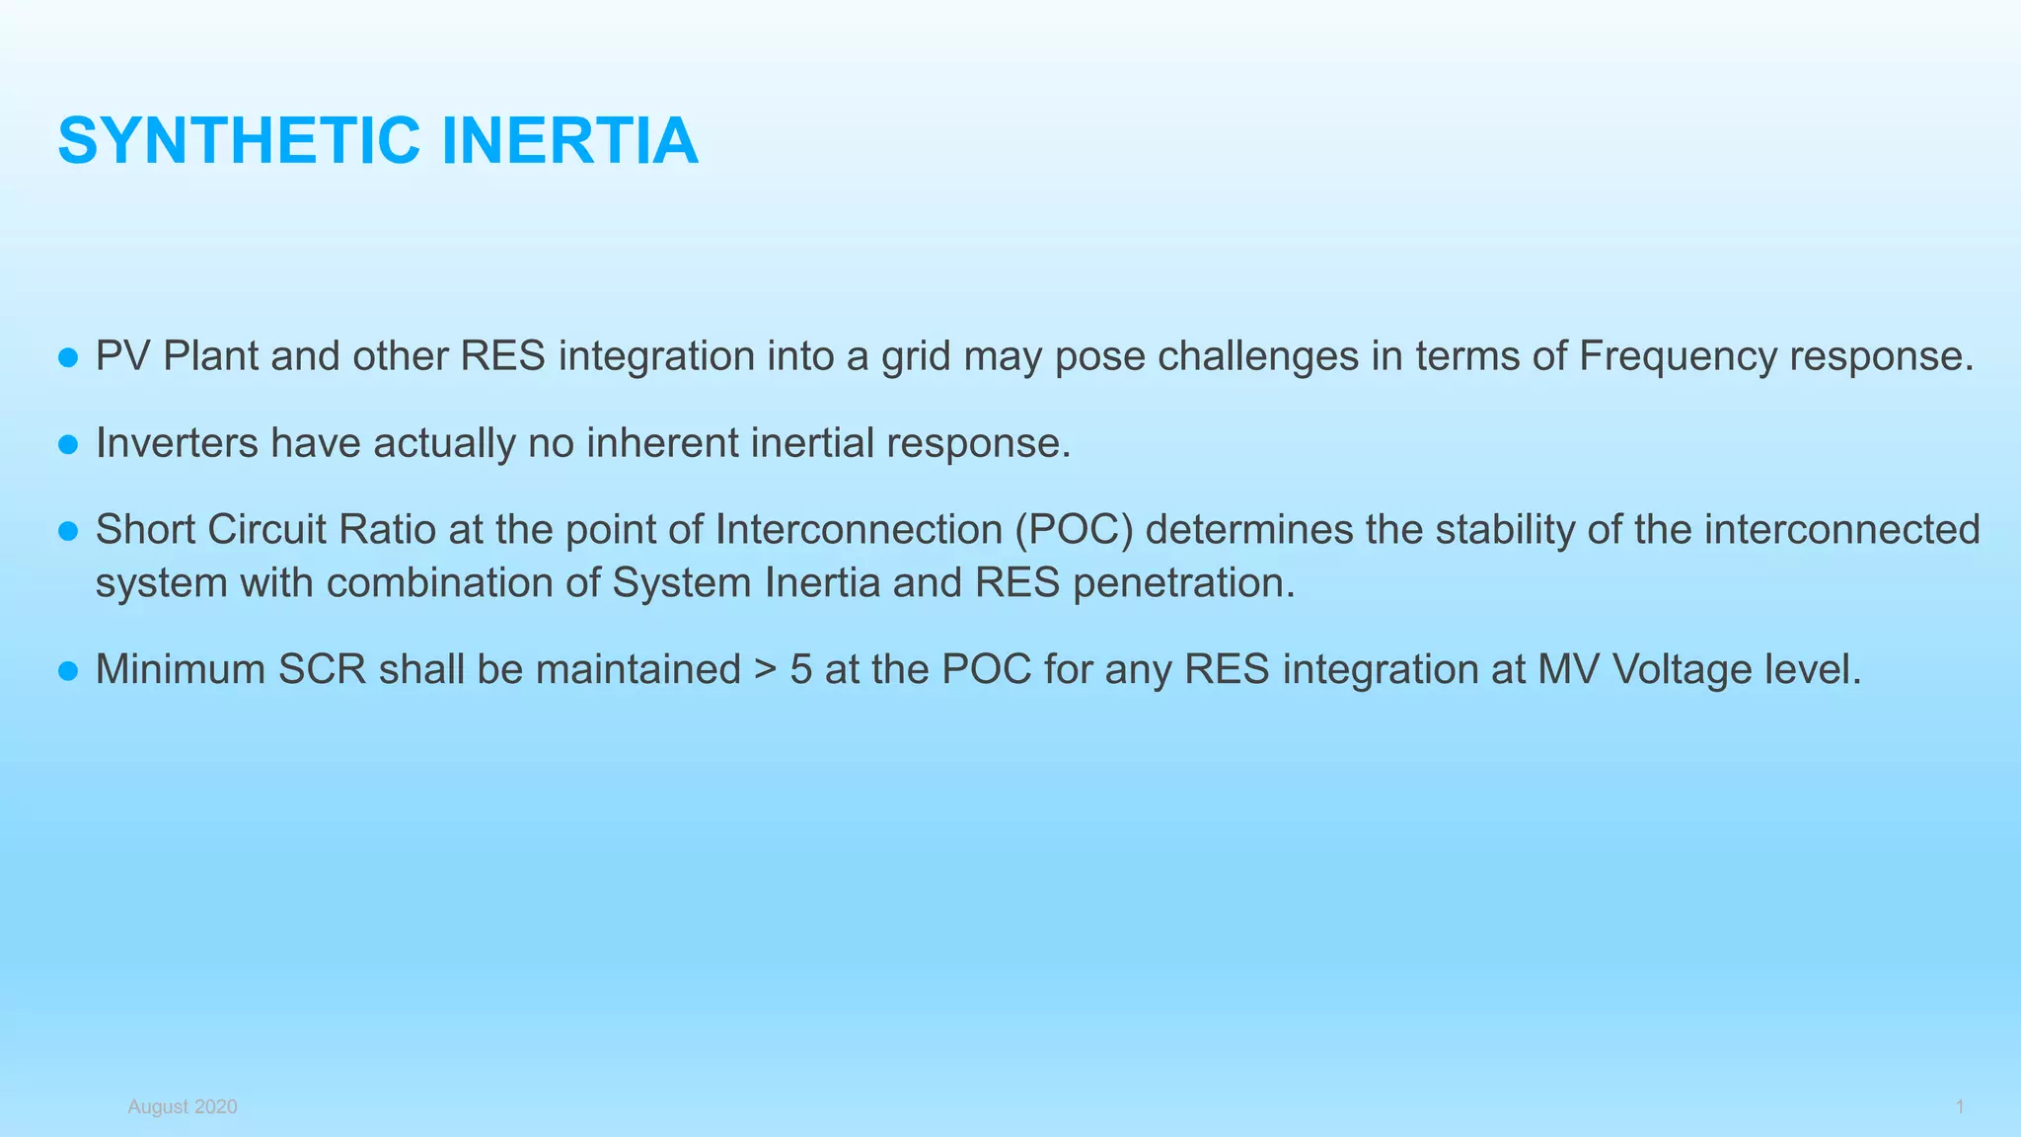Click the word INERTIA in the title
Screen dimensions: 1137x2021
tap(569, 141)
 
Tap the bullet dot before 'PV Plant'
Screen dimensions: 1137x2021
tap(68, 357)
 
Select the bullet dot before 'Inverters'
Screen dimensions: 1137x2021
tap(68, 444)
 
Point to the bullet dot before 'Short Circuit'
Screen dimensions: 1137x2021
tap(68, 531)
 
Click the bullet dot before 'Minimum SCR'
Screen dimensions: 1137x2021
tap(68, 671)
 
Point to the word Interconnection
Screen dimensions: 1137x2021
tap(858, 530)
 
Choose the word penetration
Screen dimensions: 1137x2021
tap(1183, 583)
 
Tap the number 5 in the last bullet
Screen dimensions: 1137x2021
tap(800, 670)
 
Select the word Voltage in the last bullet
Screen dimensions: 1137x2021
tap(1668, 670)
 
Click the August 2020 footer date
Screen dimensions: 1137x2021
tap(183, 1106)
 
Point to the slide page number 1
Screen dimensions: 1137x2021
tap(1959, 1106)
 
